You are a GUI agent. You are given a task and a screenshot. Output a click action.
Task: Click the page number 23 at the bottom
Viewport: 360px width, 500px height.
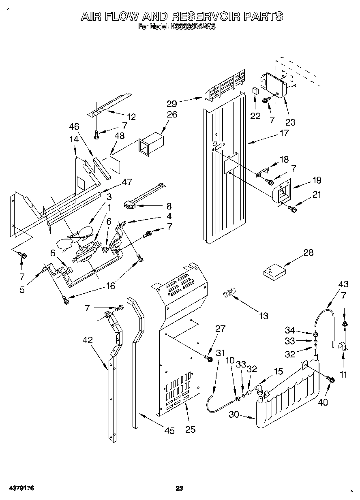point(180,488)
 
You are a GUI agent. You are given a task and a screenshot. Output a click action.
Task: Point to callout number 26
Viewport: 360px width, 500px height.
point(172,115)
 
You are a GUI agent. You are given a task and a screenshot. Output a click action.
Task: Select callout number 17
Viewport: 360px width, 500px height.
point(284,133)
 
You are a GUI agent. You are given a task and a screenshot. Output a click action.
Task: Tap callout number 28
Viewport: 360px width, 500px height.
point(309,253)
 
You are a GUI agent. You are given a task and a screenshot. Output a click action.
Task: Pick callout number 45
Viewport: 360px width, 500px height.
point(169,431)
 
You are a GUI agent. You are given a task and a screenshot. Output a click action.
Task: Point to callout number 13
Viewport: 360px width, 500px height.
point(264,316)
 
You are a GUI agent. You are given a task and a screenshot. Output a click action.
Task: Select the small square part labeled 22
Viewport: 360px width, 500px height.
point(255,90)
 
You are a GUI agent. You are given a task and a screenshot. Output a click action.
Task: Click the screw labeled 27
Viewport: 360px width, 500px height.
point(209,358)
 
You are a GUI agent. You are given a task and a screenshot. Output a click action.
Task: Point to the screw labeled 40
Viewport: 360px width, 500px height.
point(330,380)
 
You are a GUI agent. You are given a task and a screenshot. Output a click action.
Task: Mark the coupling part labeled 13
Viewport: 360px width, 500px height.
point(229,293)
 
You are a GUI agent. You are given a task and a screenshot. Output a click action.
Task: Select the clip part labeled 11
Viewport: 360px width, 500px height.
point(343,346)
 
